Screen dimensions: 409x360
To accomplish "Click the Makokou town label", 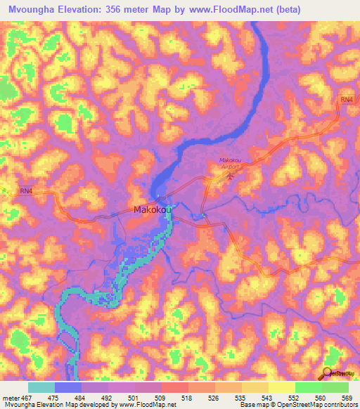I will pyautogui.click(x=153, y=209).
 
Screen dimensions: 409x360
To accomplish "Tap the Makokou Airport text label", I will pyautogui.click(x=231, y=164).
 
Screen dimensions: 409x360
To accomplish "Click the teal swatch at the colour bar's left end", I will pyautogui.click(x=41, y=387).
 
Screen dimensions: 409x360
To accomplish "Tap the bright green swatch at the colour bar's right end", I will pyautogui.click(x=335, y=387).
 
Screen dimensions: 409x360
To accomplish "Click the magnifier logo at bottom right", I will pyautogui.click(x=328, y=374).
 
